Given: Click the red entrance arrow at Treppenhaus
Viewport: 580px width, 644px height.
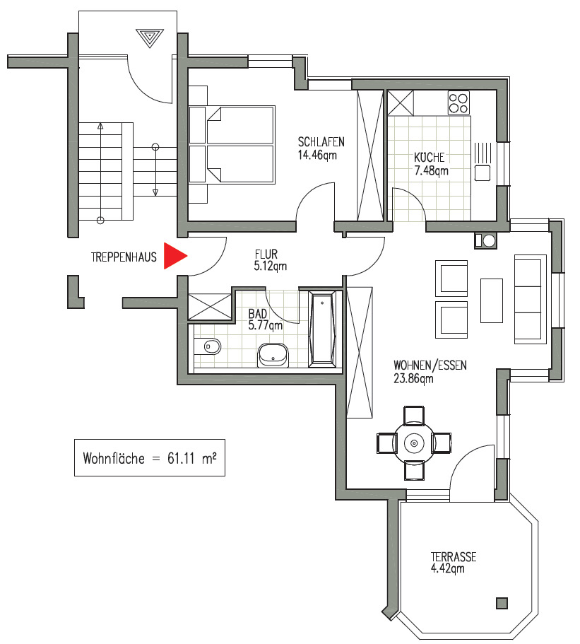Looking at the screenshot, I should [x=174, y=256].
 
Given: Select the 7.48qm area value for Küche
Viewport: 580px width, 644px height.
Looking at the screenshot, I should [x=431, y=170].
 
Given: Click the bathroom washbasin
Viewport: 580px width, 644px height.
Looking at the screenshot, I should [x=273, y=354].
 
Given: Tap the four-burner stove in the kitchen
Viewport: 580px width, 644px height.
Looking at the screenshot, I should [x=458, y=103].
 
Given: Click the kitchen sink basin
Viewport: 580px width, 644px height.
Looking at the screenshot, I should [x=483, y=172].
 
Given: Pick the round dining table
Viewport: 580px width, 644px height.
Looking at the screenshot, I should [x=414, y=443].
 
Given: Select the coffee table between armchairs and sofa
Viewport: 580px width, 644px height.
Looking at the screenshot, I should [x=491, y=299].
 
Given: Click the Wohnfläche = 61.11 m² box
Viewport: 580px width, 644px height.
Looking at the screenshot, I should [x=149, y=457].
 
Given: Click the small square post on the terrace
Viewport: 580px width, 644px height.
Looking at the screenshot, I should [x=502, y=603].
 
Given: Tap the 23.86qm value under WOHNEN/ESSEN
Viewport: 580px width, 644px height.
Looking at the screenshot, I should [x=413, y=377].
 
